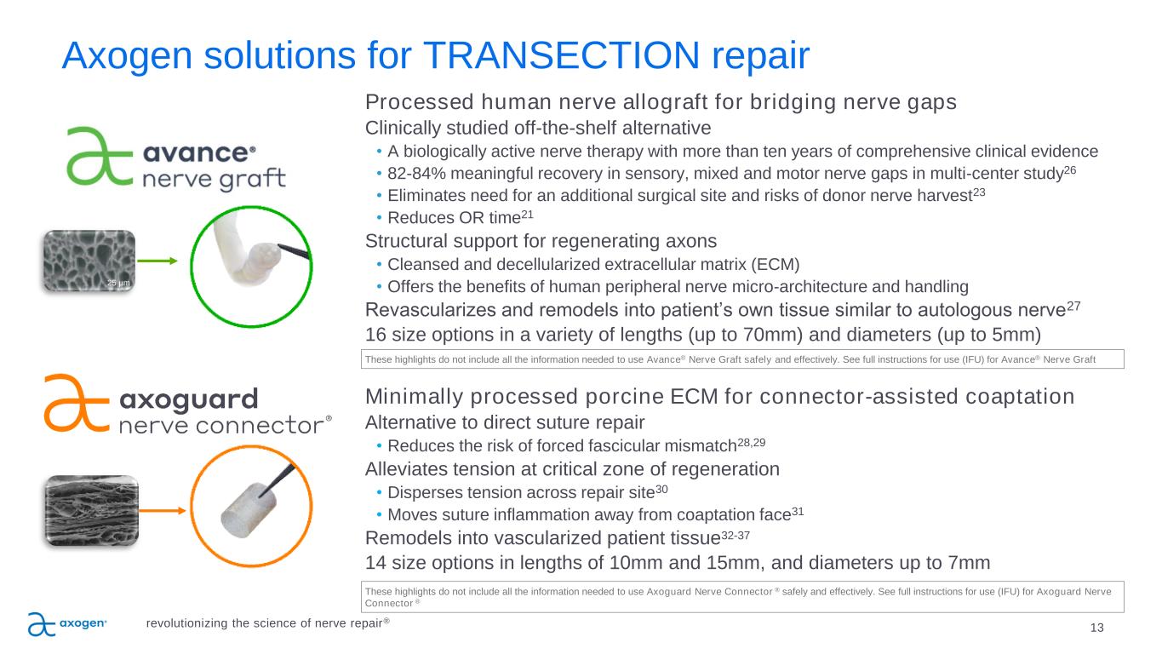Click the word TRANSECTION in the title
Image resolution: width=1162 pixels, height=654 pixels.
pyautogui.click(x=562, y=55)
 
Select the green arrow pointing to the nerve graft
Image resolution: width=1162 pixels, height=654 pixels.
pyautogui.click(x=157, y=261)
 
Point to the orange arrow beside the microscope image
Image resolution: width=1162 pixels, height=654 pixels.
pyautogui.click(x=163, y=511)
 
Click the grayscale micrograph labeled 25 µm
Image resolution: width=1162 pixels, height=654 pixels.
pyautogui.click(x=89, y=261)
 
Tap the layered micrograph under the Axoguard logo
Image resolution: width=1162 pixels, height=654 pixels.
pyautogui.click(x=92, y=510)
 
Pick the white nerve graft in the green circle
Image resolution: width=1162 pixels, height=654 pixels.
pyautogui.click(x=246, y=250)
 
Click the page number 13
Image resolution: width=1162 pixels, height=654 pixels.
pyautogui.click(x=1096, y=628)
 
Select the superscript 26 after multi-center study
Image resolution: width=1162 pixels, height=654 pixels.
pyautogui.click(x=1070, y=169)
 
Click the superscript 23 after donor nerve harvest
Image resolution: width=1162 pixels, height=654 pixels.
pyautogui.click(x=979, y=192)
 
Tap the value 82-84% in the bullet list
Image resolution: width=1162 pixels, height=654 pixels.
pyautogui.click(x=416, y=174)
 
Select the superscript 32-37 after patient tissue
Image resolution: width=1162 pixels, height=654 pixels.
pyautogui.click(x=736, y=535)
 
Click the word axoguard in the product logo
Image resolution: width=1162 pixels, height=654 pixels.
pyautogui.click(x=189, y=399)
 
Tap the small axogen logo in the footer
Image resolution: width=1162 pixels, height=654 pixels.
pyautogui.click(x=67, y=624)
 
